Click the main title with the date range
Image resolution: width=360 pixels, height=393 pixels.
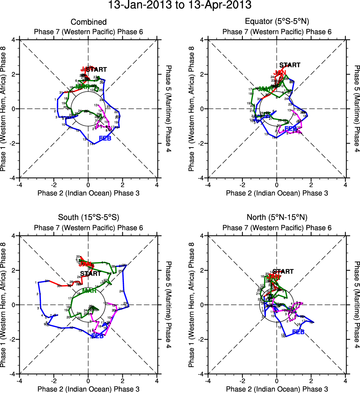[x=180, y=6]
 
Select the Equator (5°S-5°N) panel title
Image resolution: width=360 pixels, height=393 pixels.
[x=277, y=22]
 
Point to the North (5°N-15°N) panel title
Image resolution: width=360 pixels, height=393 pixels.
[x=277, y=217]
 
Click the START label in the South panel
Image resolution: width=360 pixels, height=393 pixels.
[x=90, y=274]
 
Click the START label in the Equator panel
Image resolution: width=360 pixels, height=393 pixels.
[x=290, y=65]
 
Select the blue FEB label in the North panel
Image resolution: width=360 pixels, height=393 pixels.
[x=298, y=332]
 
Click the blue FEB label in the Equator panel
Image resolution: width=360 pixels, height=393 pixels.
[x=291, y=128]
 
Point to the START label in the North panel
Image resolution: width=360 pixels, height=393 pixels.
[x=283, y=272]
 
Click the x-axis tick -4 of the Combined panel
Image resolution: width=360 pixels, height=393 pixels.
[x=20, y=185]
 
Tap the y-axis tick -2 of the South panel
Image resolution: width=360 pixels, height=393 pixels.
[x=13, y=339]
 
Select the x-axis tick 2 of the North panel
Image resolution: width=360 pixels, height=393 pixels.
[x=311, y=380]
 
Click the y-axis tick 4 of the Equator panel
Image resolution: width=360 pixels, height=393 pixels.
[x=201, y=40]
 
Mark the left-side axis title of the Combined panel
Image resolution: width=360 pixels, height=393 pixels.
[x=4, y=109]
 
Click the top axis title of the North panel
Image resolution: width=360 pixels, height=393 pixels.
[x=277, y=228]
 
